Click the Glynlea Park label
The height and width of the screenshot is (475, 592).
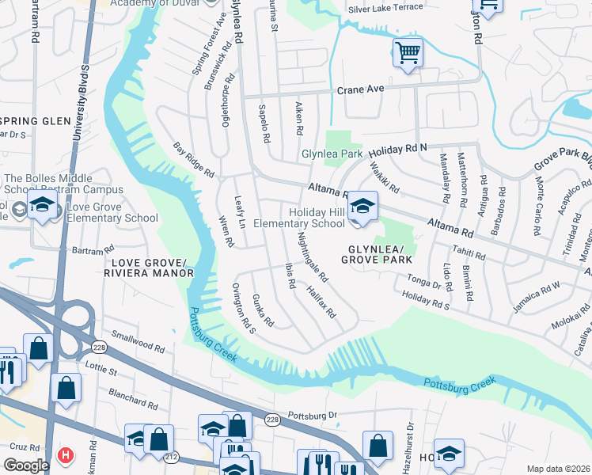tap(331, 154)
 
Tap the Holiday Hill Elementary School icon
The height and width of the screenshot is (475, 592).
tap(363, 207)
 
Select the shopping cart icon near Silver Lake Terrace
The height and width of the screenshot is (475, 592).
tap(408, 53)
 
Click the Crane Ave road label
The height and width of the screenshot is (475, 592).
tap(360, 89)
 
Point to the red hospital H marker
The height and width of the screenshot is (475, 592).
tap(66, 457)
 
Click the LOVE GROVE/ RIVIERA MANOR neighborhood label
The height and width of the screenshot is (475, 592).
tap(148, 268)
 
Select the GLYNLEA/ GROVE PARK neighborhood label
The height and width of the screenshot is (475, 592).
tap(378, 253)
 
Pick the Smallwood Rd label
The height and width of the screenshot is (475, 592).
tap(138, 343)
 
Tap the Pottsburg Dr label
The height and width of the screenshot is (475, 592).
tap(313, 415)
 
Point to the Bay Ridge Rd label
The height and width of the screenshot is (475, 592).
tap(194, 159)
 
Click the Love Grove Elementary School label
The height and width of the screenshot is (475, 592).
tap(112, 218)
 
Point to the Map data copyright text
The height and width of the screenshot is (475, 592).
tap(557, 469)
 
